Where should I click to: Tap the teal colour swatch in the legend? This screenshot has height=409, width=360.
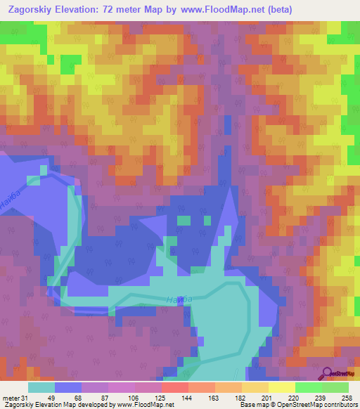click(x=41, y=387)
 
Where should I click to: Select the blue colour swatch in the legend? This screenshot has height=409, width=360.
click(x=68, y=387)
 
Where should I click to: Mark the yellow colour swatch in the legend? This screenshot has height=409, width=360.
click(x=282, y=387)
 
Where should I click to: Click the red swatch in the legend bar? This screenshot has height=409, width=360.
click(x=175, y=387)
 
